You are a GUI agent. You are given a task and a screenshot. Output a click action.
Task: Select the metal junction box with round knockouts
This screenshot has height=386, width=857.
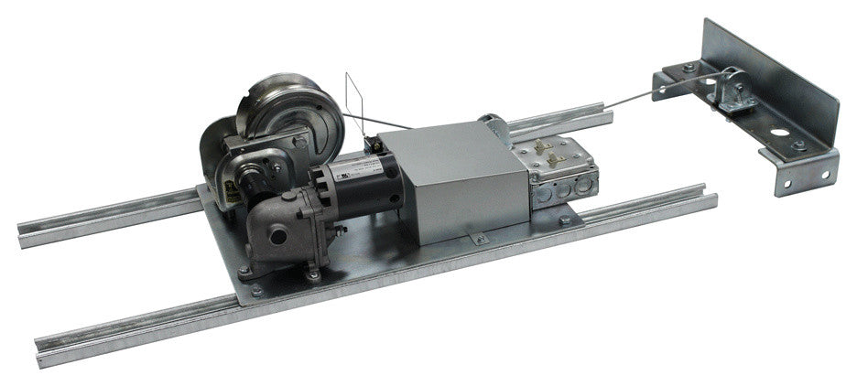[x=559, y=169]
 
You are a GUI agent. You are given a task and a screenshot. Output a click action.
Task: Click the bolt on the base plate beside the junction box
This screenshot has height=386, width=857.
[x=565, y=220]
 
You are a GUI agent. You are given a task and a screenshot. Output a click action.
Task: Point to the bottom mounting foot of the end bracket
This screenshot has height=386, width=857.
[x=806, y=179]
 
